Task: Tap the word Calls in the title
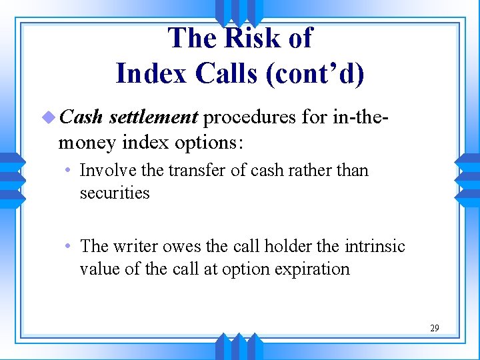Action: coord(226,73)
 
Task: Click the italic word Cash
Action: coord(81,117)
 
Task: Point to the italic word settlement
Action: coord(153,117)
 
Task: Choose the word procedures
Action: coord(249,117)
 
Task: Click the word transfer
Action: coord(194,171)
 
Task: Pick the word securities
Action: coord(114,193)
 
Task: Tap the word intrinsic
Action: coord(375,247)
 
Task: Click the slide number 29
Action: coord(434,328)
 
